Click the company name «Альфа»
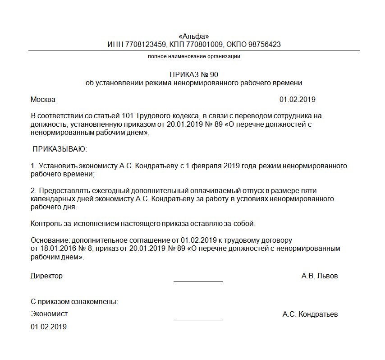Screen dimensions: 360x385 (x=194, y=37)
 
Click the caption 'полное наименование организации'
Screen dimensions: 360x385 (x=194, y=56)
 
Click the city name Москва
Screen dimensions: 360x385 (x=43, y=99)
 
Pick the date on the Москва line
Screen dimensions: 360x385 (x=297, y=99)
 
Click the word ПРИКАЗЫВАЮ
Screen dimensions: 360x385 (x=59, y=149)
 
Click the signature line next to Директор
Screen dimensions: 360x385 (x=198, y=281)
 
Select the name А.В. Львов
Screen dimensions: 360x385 (x=319, y=276)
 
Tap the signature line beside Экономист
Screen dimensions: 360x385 (x=198, y=319)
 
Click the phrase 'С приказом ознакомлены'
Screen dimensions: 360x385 (x=74, y=301)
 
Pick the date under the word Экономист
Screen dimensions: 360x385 (x=49, y=327)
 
